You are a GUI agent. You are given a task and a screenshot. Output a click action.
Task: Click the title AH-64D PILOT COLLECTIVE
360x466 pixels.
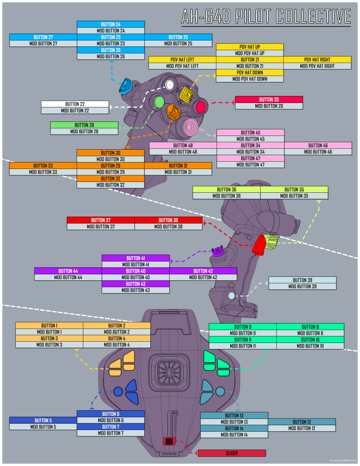[266, 17]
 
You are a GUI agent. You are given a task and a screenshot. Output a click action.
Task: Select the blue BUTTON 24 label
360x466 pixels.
[111, 24]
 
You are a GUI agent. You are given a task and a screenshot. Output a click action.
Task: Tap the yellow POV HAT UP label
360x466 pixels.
[250, 47]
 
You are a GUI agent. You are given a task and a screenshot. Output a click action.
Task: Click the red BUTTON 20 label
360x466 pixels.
[269, 99]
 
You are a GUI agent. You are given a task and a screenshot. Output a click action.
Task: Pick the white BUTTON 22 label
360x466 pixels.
[75, 104]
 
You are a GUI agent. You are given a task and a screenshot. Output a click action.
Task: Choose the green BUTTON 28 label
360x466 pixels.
[84, 125]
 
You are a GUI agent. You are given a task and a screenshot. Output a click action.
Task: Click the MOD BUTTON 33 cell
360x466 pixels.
[43, 172]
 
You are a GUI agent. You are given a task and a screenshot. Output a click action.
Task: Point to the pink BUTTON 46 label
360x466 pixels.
[318, 145]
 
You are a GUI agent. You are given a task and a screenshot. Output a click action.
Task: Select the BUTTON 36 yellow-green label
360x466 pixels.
[227, 189]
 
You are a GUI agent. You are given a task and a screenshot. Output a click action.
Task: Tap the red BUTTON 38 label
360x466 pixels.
[168, 220]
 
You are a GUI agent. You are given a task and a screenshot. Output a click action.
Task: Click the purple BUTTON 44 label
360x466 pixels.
[68, 271]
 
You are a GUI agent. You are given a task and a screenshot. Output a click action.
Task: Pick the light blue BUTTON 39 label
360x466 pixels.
[302, 280]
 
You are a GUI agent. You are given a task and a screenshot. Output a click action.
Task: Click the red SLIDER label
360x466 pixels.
[232, 453]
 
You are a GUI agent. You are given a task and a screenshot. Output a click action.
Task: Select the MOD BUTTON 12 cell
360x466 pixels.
[302, 428]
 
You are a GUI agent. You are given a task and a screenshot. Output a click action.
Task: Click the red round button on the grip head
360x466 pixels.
[201, 107]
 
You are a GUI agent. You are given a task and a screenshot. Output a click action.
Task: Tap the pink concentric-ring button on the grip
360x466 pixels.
[191, 127]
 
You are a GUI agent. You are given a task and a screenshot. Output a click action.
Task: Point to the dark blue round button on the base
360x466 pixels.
[118, 391]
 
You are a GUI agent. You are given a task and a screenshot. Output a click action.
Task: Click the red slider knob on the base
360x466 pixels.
[169, 441]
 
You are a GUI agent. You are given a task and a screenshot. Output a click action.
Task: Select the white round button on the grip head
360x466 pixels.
[170, 85]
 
